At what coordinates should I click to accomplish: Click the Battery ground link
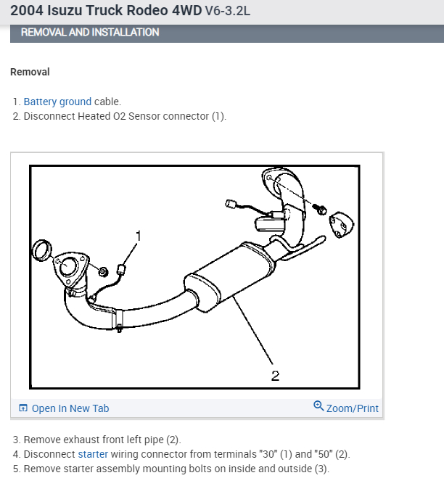click(57, 102)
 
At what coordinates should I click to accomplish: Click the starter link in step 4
click(93, 454)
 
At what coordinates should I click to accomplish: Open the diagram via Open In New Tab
click(70, 408)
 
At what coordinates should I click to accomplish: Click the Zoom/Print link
click(352, 408)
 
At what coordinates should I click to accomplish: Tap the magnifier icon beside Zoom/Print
click(318, 406)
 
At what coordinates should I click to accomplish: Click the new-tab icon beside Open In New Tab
click(23, 408)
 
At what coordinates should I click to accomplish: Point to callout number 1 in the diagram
click(139, 235)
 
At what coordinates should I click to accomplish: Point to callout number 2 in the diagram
click(275, 375)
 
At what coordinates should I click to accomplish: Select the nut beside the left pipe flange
click(103, 271)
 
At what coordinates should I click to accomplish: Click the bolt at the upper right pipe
click(318, 210)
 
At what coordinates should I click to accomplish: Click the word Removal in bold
click(30, 72)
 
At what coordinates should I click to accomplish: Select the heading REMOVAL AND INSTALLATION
click(90, 32)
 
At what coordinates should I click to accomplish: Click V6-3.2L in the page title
click(215, 11)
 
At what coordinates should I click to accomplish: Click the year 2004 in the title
click(27, 11)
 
